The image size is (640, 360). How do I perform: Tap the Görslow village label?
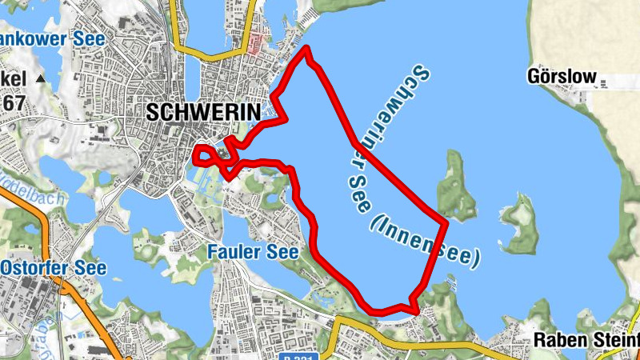click(x=562, y=78)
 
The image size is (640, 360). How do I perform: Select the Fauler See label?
click(x=253, y=252)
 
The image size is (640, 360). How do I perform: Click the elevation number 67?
click(x=13, y=102)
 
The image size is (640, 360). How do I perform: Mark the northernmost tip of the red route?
click(x=307, y=50)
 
